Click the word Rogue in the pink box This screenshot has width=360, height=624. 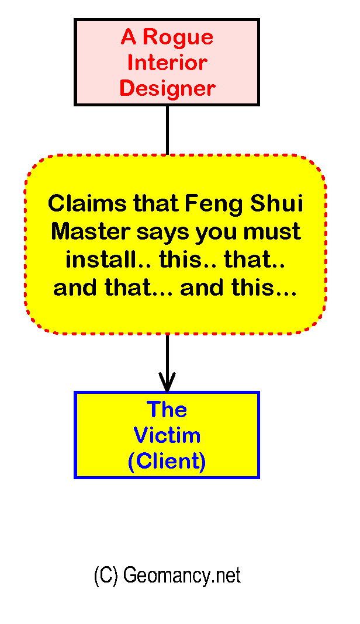(178, 37)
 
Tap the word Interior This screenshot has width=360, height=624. (167, 63)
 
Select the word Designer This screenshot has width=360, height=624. (167, 89)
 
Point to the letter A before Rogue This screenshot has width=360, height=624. (129, 37)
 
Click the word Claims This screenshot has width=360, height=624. (87, 204)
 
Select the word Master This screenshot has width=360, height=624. (90, 231)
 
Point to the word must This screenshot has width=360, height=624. (272, 231)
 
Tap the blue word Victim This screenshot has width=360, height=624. (167, 436)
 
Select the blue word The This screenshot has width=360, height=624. (167, 410)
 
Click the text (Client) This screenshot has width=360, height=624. (167, 462)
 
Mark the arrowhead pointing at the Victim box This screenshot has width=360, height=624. (167, 386)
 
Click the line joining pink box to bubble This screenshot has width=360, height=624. (167, 130)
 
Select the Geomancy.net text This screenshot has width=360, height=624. (182, 576)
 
